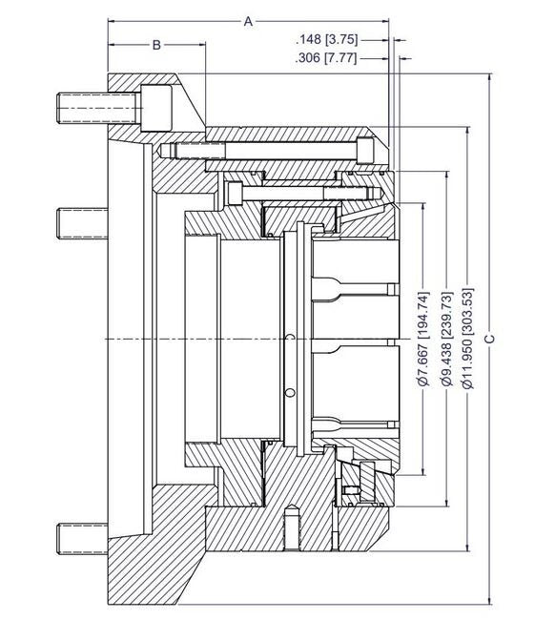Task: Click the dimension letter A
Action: [249, 20]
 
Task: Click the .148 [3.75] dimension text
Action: [327, 39]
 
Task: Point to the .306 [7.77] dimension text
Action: [327, 58]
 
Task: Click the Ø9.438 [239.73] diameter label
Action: [445, 339]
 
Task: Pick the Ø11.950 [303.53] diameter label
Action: [467, 339]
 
